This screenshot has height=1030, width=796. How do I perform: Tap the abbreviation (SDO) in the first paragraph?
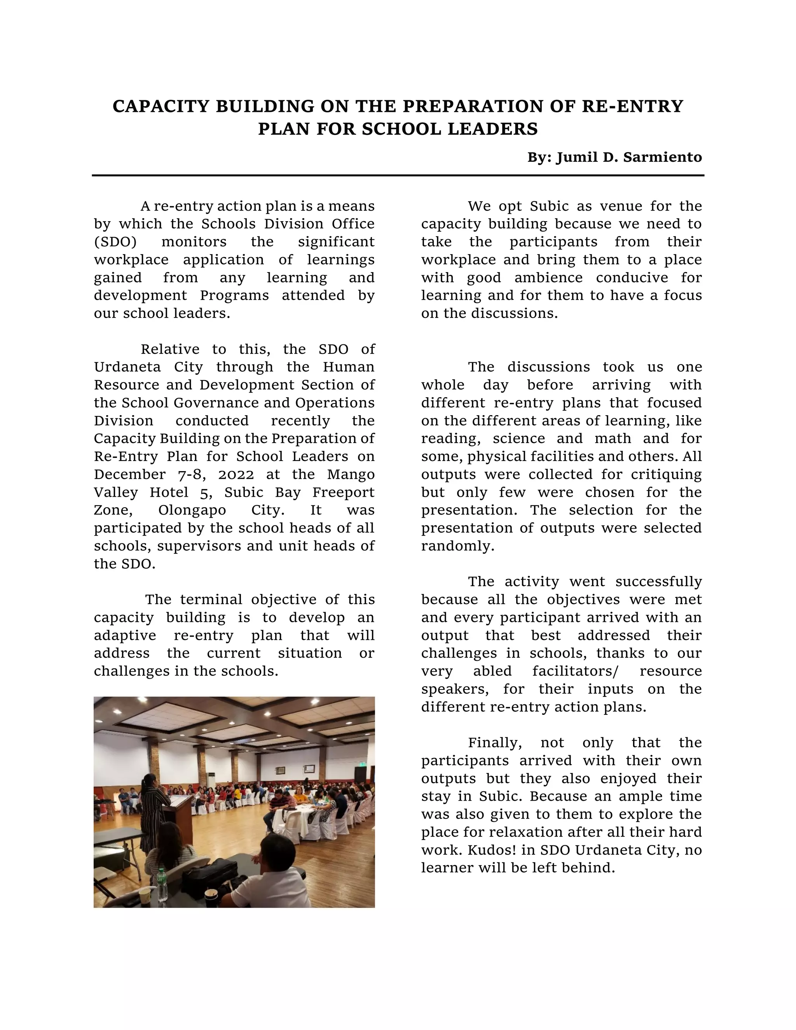[115, 242]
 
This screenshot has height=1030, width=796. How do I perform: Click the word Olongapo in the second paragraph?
[192, 510]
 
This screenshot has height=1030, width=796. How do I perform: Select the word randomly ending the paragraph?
[457, 546]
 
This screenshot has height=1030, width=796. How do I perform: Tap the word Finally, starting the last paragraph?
[495, 743]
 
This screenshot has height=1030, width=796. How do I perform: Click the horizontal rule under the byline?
[398, 175]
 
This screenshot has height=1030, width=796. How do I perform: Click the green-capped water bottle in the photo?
[162, 884]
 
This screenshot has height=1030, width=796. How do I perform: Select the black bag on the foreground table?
[210, 877]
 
